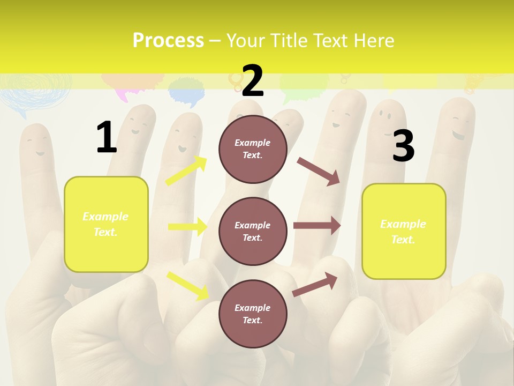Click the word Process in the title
[168, 40]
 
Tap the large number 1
[107, 137]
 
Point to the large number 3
[403, 146]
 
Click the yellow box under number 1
[106, 224]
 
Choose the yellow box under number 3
[404, 231]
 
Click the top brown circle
[253, 149]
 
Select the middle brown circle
[253, 231]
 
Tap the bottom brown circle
[253, 314]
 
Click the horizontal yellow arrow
[187, 227]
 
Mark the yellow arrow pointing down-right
[187, 285]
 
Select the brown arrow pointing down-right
[319, 171]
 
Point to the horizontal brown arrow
[317, 226]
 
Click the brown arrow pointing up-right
[315, 284]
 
